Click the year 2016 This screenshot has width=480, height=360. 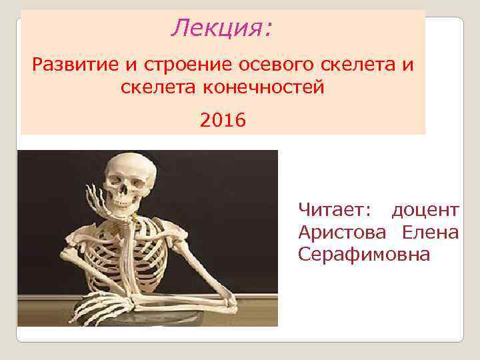223,121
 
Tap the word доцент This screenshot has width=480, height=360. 425,211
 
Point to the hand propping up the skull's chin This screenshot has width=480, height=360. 107,203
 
